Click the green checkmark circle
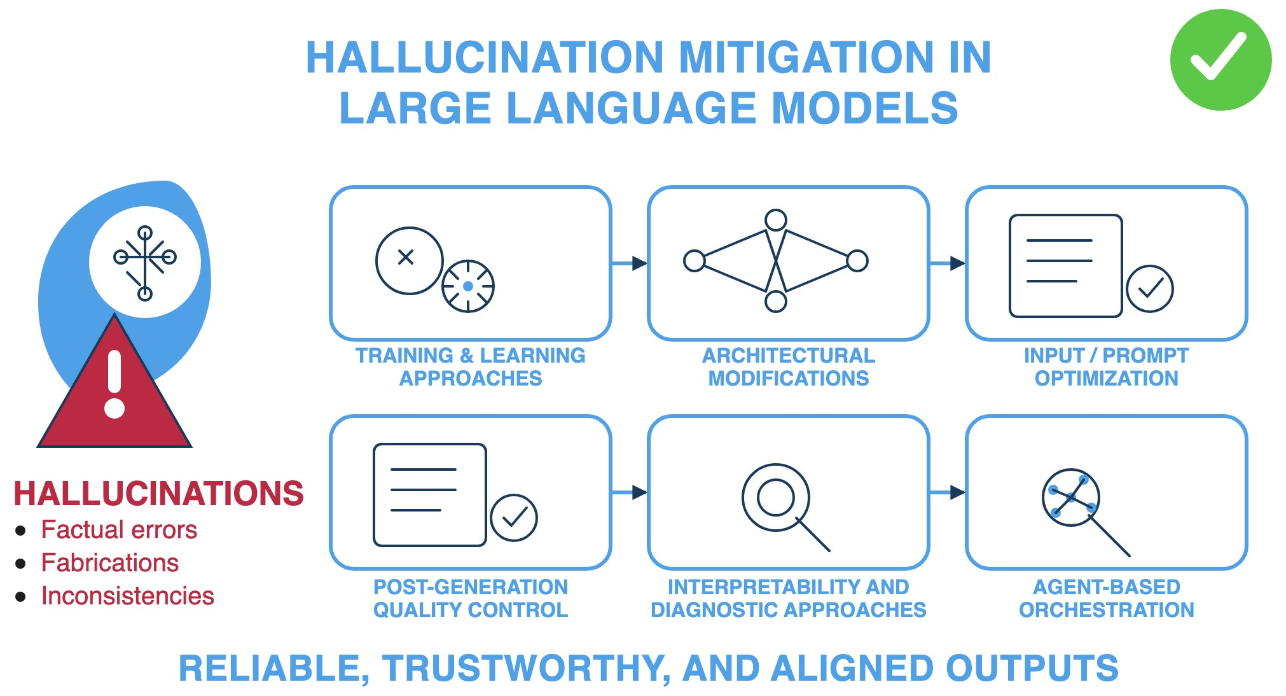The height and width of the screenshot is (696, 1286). pos(1220,60)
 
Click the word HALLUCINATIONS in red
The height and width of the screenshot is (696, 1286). pos(159,494)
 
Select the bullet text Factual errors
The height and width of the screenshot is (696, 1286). pos(119,530)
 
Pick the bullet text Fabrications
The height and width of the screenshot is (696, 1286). pos(110,563)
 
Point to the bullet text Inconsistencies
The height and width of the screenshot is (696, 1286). pos(127,596)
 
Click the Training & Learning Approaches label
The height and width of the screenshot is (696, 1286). pos(470,366)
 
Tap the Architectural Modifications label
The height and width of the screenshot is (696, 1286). pos(788,366)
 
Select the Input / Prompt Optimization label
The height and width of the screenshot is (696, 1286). pos(1106,366)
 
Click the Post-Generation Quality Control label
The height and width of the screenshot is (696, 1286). pos(470,598)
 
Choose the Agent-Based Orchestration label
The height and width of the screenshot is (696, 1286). pos(1106,598)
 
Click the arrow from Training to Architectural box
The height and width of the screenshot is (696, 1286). pos(630,263)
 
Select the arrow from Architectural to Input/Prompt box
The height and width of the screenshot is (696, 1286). pos(948,263)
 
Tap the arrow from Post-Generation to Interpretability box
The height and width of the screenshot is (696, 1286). pos(630,492)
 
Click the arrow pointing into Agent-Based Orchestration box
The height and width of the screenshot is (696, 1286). pos(948,492)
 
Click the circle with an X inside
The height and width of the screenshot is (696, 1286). pos(409,260)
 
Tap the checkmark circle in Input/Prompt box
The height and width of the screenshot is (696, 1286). pos(1150,289)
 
